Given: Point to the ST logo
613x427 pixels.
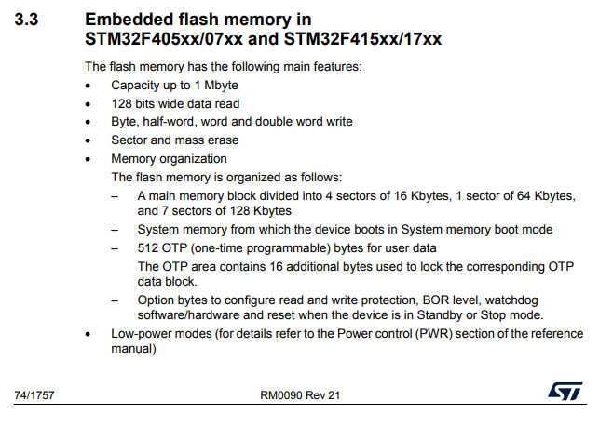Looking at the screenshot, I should point(565,394).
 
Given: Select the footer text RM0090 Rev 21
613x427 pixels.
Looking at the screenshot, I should point(300,395).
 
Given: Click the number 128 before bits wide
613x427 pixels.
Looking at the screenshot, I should point(122,103).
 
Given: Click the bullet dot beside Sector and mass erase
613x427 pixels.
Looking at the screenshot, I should point(89,140).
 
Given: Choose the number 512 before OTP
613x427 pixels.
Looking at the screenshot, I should point(148,247).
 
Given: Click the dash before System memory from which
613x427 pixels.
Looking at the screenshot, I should point(115,229).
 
